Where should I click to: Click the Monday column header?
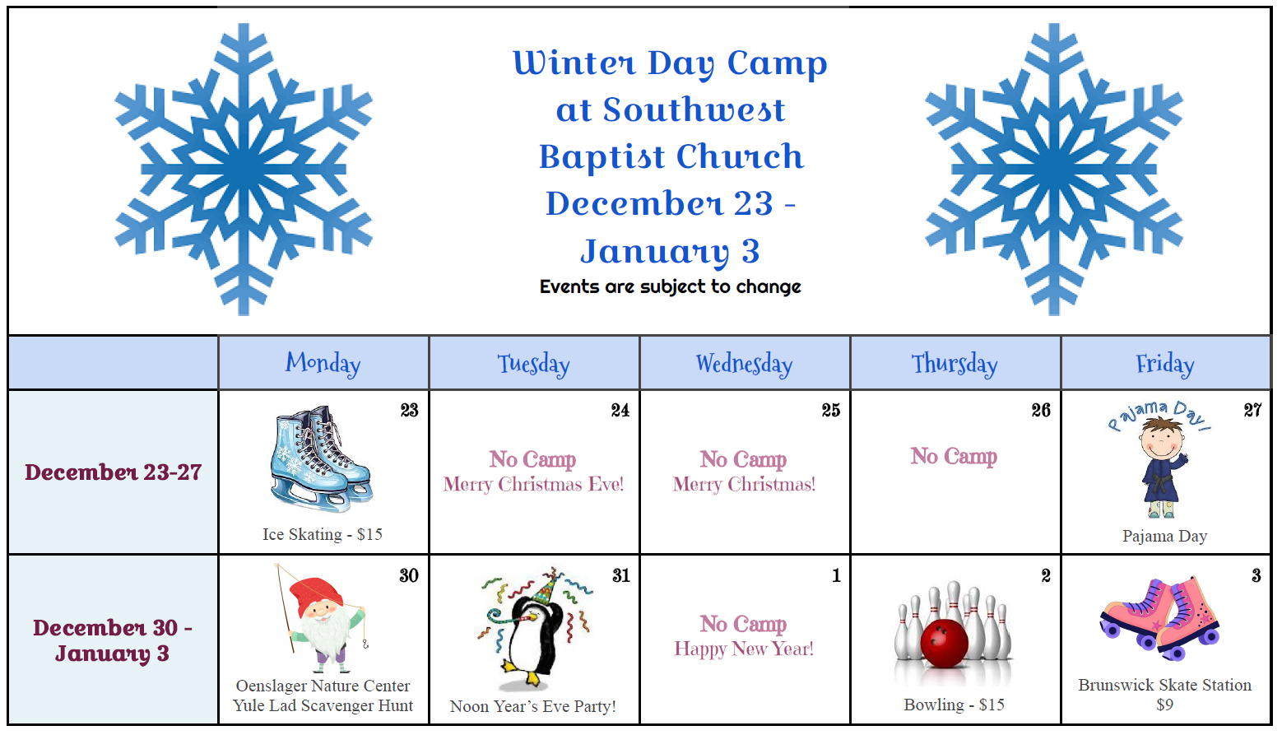click(323, 364)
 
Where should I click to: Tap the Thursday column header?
click(955, 364)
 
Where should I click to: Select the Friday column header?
click(1165, 364)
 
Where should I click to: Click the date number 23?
click(409, 411)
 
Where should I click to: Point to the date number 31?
click(621, 575)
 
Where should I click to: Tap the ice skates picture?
click(321, 458)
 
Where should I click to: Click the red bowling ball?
click(944, 644)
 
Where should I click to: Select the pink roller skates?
click(1159, 618)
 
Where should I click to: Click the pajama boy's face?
click(1161, 441)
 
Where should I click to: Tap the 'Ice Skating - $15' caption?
click(323, 535)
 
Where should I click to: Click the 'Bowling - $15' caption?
click(954, 705)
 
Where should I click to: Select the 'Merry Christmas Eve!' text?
click(533, 484)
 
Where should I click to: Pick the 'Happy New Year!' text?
click(744, 649)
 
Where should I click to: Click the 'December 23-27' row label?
click(114, 472)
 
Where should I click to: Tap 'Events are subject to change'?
click(670, 286)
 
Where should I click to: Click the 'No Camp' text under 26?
click(954, 456)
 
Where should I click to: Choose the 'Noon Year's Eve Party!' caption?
click(533, 706)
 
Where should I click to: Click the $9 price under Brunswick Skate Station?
click(1164, 705)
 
